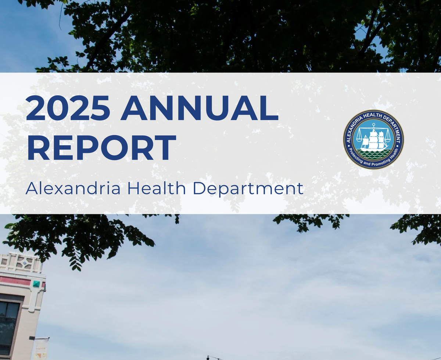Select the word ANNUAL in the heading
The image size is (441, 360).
[x=200, y=108]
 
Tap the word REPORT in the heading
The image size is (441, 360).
[x=101, y=148]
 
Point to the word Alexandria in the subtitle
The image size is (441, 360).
[x=73, y=189]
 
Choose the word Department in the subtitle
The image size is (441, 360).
[x=248, y=189]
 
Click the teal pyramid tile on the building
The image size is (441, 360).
[x=36, y=284]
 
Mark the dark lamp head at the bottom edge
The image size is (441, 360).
[x=208, y=357]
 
